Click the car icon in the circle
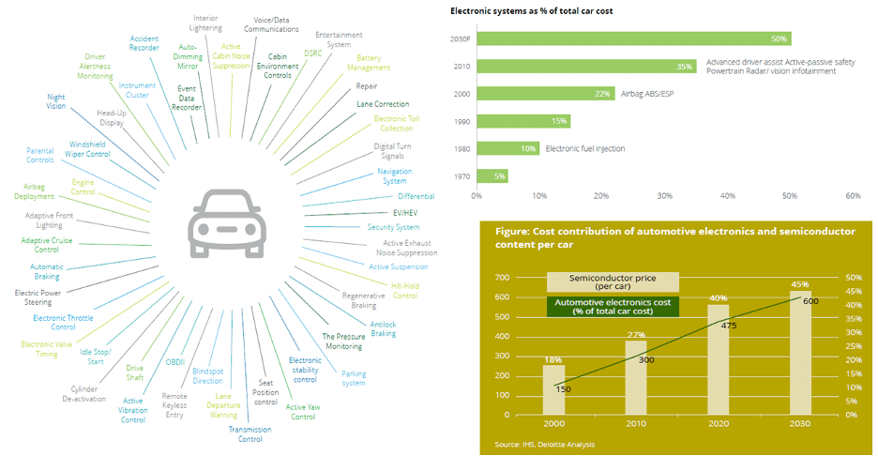coord(225,222)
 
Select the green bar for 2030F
coord(633,38)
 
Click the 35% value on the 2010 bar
coord(684,67)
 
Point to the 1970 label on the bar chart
coord(462,175)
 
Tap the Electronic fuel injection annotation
coord(585,148)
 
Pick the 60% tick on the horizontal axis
coord(853,196)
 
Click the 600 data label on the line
coord(810,301)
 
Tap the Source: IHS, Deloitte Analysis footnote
coord(544,444)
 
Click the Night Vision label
coord(55,100)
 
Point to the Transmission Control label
coord(250,433)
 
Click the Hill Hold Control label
coord(404,290)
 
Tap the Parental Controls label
coord(39,154)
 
